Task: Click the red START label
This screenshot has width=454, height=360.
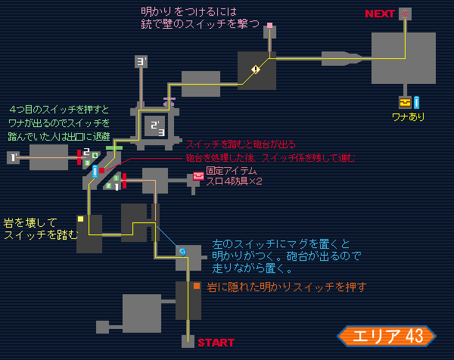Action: (216, 343)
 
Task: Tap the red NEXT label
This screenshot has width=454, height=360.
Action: (380, 14)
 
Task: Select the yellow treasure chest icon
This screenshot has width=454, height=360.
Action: (405, 102)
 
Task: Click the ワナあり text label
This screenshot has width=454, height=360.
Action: (408, 117)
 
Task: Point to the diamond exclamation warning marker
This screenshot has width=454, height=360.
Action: (256, 70)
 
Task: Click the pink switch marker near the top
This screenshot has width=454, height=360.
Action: (269, 25)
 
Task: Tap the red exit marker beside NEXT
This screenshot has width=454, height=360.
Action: (405, 14)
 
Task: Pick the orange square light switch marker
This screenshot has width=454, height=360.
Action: (196, 286)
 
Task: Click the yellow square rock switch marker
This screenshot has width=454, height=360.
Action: (80, 219)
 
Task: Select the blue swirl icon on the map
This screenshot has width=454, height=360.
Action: (182, 251)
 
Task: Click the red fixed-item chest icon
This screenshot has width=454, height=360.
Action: (198, 176)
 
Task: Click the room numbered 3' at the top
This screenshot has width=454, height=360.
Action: (141, 61)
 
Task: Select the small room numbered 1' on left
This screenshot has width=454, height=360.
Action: (13, 157)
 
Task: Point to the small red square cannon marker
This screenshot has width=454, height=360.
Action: (101, 170)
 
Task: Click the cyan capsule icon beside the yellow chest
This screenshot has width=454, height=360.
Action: (416, 102)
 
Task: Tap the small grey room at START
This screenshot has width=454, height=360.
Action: (188, 341)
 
